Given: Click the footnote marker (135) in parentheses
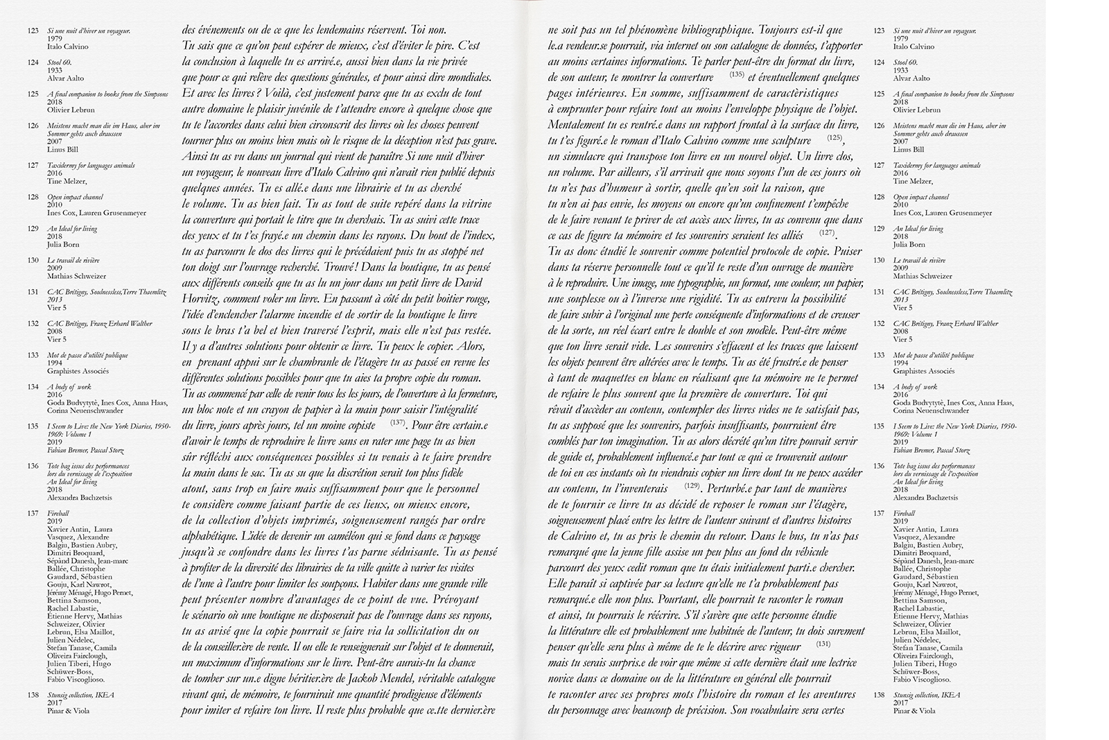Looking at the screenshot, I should point(737,74).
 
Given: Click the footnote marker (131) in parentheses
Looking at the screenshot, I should point(823,643).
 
